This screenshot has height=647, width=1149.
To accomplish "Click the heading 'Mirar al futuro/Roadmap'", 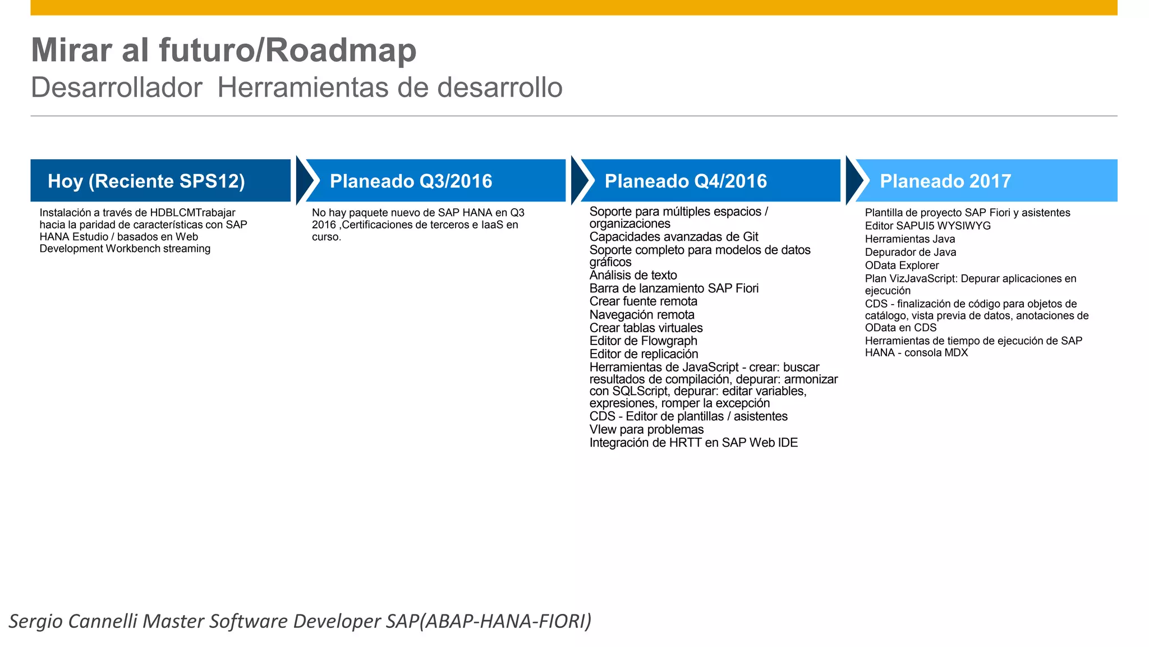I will (x=223, y=51).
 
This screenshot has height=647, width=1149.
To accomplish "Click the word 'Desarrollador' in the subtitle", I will (x=116, y=88).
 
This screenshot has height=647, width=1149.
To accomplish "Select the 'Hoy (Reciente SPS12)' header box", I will (x=160, y=181).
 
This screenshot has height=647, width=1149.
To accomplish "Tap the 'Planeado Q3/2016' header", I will (x=435, y=181).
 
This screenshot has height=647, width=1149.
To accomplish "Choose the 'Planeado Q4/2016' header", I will (x=710, y=181).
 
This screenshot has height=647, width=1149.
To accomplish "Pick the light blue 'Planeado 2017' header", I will (x=985, y=181).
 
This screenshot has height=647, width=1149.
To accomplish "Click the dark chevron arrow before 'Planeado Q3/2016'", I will (x=305, y=180).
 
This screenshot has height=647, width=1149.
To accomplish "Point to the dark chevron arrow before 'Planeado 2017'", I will (x=855, y=180).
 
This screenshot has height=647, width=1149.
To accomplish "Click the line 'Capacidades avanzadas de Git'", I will (x=673, y=237).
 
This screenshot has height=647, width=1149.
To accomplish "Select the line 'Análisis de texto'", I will (x=633, y=276).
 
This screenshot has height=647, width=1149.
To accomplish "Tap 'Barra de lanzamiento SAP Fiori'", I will (x=673, y=288).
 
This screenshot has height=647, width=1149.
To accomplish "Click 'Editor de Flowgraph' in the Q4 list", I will (x=643, y=341).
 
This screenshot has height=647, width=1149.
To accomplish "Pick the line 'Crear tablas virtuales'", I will (x=646, y=328).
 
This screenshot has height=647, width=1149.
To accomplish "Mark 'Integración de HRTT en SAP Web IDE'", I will (x=693, y=443).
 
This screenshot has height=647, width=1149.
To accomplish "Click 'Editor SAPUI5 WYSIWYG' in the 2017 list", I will (x=927, y=226).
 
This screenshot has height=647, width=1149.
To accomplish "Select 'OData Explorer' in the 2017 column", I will (x=901, y=265).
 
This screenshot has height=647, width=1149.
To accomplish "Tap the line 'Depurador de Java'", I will (x=910, y=253).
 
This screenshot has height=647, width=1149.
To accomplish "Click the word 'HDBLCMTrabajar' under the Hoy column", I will (x=192, y=213).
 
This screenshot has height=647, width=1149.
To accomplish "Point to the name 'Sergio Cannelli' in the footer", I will (x=73, y=621).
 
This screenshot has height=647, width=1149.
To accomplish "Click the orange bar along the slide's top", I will (x=573, y=7).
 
